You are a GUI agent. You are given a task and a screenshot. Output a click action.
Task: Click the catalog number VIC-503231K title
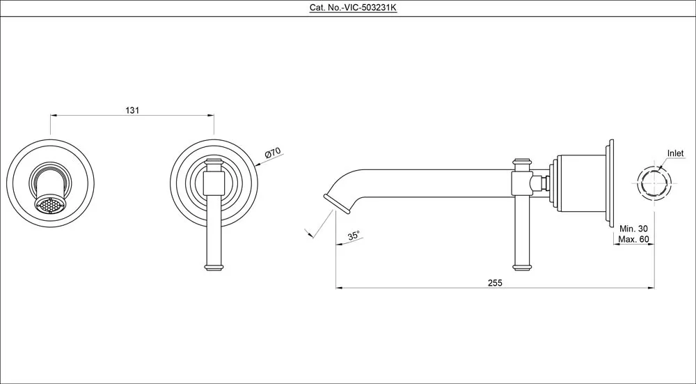coord(347,8)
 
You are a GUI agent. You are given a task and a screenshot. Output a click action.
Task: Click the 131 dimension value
coord(132,110)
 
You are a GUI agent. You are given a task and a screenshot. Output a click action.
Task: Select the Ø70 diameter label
coord(271,153)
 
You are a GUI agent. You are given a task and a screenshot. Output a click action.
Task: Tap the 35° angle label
coord(354,236)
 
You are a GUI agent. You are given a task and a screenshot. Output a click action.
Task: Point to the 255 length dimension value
coord(495,282)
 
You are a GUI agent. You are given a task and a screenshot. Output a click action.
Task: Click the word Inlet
coord(675,153)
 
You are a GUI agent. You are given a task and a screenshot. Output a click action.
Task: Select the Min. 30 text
coord(633,229)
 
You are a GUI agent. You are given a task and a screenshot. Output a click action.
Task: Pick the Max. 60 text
coord(633,240)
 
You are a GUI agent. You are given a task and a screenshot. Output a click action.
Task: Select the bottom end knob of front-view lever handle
coord(214,266)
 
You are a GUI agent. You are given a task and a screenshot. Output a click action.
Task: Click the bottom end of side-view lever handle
coord(521,266)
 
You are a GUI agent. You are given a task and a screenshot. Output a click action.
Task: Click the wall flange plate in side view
coord(610,184)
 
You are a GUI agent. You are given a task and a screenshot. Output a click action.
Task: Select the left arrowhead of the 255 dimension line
coord(338,287)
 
